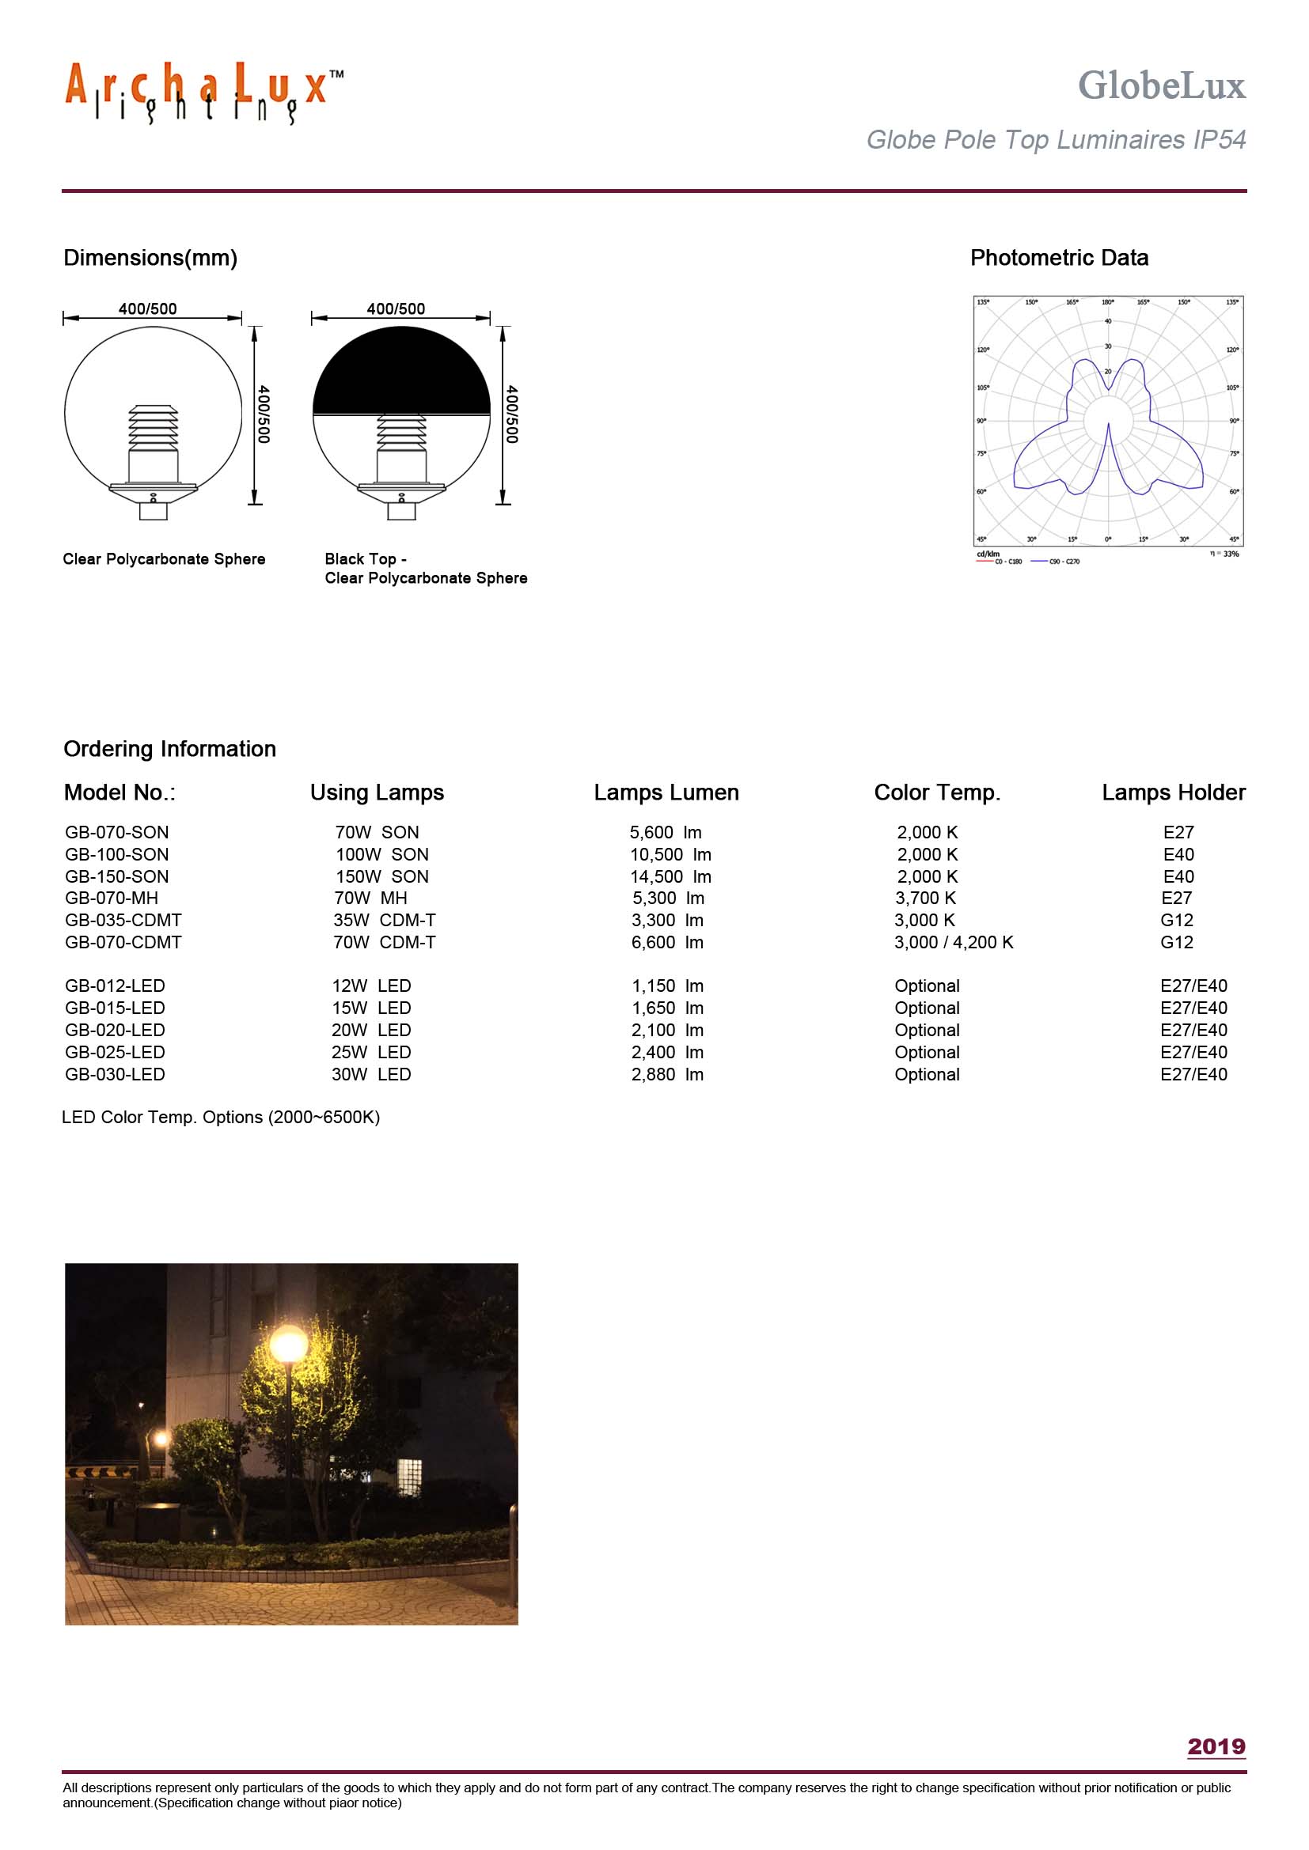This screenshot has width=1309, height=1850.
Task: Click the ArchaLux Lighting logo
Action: click(x=203, y=92)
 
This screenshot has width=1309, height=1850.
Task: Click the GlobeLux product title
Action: click(x=1161, y=85)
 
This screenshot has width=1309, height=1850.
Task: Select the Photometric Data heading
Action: click(x=1058, y=258)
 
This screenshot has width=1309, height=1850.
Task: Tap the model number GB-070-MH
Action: click(x=112, y=898)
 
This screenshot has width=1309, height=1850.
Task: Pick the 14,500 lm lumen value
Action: click(x=670, y=876)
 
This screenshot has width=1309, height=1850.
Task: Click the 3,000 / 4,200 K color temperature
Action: click(x=953, y=942)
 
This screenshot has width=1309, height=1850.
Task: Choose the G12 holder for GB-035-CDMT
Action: click(x=1176, y=920)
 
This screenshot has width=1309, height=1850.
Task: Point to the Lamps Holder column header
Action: click(x=1173, y=792)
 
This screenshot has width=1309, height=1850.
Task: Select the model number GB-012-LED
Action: click(x=115, y=986)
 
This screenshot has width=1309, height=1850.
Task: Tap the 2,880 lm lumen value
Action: click(x=666, y=1074)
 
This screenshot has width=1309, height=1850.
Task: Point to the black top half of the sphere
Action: click(x=400, y=375)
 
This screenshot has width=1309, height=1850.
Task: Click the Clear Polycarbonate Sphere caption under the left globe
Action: click(x=164, y=559)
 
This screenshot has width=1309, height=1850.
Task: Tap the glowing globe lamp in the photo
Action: click(x=288, y=1344)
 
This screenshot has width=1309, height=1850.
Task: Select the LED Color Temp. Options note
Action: click(x=221, y=1117)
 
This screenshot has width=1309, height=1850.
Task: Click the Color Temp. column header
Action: click(x=936, y=792)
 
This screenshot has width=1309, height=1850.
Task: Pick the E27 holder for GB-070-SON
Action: click(x=1178, y=832)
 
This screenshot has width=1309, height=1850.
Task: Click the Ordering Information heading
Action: click(x=169, y=748)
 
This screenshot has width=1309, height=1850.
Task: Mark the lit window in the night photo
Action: click(x=409, y=1475)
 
